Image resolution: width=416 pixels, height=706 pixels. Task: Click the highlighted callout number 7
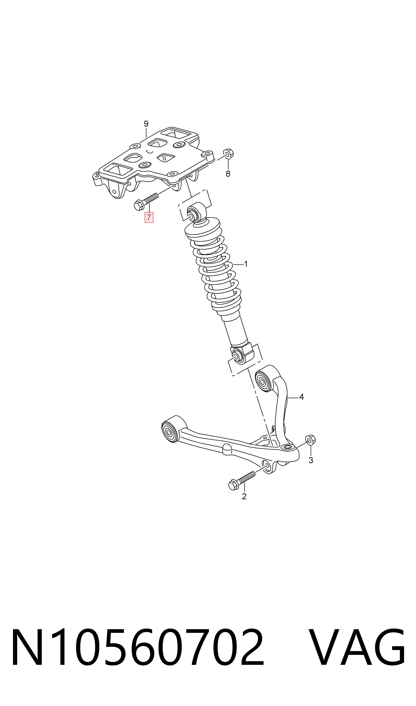tap(149, 217)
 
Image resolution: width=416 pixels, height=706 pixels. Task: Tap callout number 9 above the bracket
tap(146, 124)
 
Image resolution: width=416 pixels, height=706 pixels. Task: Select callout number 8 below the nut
tap(228, 174)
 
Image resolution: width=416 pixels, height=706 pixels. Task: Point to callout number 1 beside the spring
tap(246, 264)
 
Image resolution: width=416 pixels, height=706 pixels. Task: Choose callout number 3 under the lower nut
tap(311, 460)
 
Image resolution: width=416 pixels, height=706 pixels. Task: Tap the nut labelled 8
tap(228, 154)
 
